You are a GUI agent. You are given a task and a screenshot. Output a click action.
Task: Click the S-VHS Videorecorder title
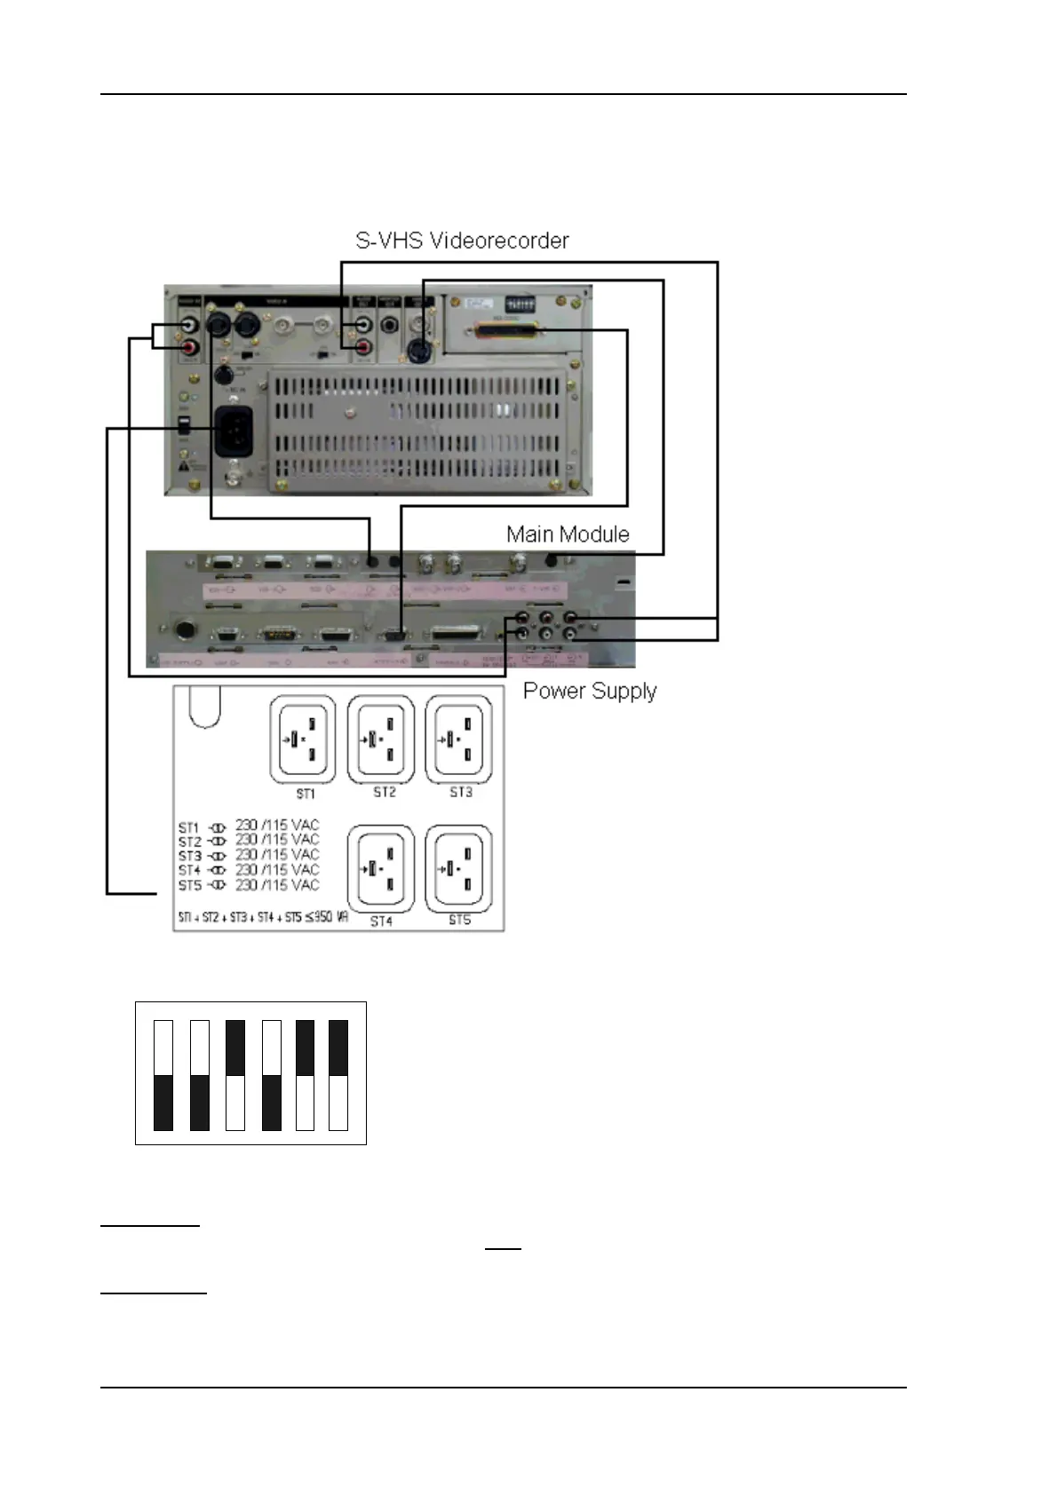click(x=462, y=241)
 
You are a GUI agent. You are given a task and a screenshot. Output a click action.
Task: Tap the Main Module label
click(x=568, y=534)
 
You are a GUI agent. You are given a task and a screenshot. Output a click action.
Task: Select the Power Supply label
click(x=590, y=691)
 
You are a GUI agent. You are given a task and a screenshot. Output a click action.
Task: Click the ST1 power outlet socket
click(x=303, y=739)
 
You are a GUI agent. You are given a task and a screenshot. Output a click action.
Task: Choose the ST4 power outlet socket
click(x=381, y=868)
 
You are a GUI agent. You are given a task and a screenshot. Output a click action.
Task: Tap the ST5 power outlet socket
click(x=459, y=868)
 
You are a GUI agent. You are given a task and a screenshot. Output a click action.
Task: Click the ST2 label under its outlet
click(x=385, y=792)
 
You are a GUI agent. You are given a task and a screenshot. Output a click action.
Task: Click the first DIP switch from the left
click(x=163, y=1075)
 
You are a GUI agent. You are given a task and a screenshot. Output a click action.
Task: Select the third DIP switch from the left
click(x=235, y=1075)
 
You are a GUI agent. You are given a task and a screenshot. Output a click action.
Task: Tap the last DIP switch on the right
click(x=338, y=1075)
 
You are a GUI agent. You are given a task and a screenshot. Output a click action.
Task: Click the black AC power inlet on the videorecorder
click(x=234, y=431)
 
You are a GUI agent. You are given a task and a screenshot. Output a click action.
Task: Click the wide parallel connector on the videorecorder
click(x=509, y=332)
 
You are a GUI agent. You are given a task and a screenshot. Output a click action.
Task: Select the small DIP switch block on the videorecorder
click(x=520, y=305)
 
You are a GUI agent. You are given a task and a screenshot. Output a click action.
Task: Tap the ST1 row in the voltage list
click(x=248, y=826)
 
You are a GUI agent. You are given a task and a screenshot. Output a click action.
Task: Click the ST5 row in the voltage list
click(x=248, y=885)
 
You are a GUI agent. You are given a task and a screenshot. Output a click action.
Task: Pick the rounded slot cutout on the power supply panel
click(x=205, y=707)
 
